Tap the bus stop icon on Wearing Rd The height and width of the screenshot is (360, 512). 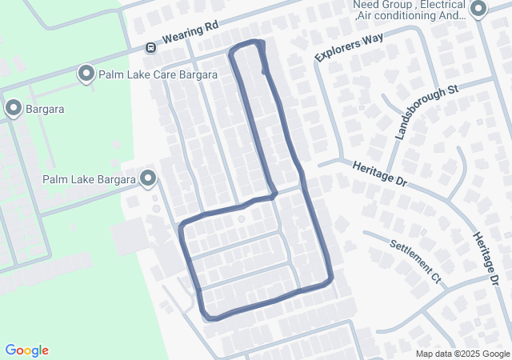coord(150,48)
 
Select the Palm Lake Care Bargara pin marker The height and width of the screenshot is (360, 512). coord(86,74)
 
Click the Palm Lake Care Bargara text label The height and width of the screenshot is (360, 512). coord(158,74)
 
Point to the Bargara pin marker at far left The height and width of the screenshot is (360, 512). coord(13,108)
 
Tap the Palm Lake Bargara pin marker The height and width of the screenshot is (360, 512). coord(147,178)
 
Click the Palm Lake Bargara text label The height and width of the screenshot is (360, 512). coord(88,179)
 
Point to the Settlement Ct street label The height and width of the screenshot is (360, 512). coord(416,262)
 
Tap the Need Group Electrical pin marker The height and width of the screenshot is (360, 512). coord(478,10)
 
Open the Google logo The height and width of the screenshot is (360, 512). coord(26,350)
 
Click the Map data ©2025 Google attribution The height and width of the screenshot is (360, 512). coord(462,354)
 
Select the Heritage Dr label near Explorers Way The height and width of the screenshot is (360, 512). coord(379,173)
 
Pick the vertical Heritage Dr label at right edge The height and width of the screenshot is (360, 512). coord(486,259)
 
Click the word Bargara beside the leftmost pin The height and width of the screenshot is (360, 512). coord(45,109)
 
